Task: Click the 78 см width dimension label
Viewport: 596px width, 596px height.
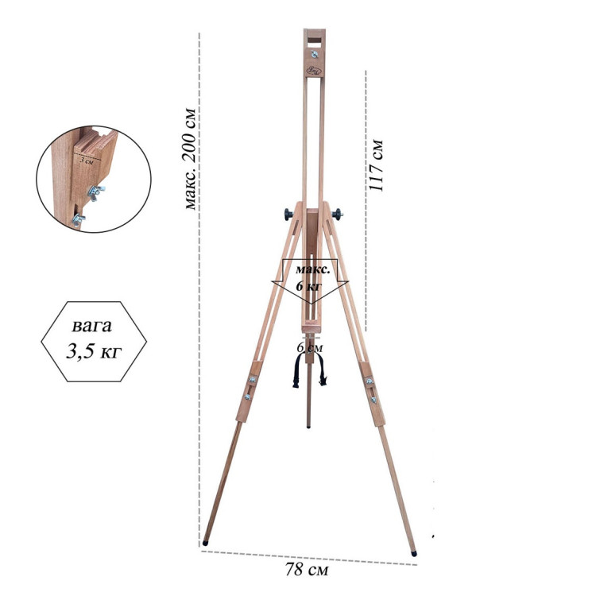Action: (x=307, y=570)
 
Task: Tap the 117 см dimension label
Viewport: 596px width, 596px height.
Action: (x=377, y=166)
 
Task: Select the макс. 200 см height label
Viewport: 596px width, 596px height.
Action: (x=190, y=159)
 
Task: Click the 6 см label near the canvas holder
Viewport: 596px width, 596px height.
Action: (x=310, y=347)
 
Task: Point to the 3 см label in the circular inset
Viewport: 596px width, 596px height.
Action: (x=87, y=161)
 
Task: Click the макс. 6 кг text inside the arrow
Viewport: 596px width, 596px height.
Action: (x=313, y=277)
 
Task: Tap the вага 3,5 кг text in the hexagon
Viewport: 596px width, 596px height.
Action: (x=94, y=339)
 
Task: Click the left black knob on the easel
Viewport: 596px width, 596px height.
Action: (x=289, y=215)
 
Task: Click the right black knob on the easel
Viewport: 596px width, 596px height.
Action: (x=337, y=215)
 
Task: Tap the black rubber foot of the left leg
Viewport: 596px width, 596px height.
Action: (x=205, y=544)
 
